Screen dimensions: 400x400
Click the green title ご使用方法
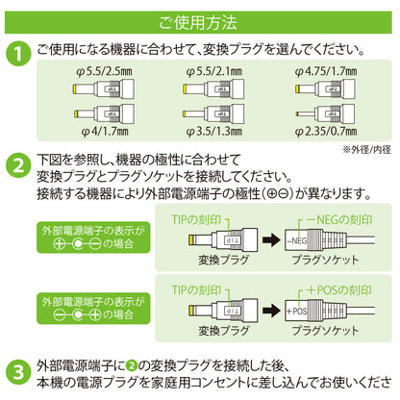198,22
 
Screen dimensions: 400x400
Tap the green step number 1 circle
18,54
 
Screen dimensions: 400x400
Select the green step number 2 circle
18,166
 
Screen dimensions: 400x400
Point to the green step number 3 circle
18,372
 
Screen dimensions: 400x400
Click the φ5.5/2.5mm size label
104,71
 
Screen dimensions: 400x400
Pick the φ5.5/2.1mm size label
214,71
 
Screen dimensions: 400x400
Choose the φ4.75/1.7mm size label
326,71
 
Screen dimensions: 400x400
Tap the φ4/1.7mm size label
105,131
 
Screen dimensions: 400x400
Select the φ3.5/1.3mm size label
214,131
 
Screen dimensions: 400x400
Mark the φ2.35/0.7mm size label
326,131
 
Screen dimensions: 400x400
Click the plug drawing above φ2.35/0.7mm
324,113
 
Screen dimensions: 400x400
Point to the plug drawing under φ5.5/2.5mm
103,88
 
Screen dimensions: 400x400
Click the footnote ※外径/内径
366,149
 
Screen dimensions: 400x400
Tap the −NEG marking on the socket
296,240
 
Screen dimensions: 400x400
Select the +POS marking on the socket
296,311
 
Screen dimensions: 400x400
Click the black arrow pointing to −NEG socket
271,240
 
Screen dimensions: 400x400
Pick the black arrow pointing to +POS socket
271,311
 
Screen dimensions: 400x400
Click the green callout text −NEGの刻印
339,220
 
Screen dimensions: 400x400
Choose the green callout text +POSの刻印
339,290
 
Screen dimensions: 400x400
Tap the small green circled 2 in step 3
132,365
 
